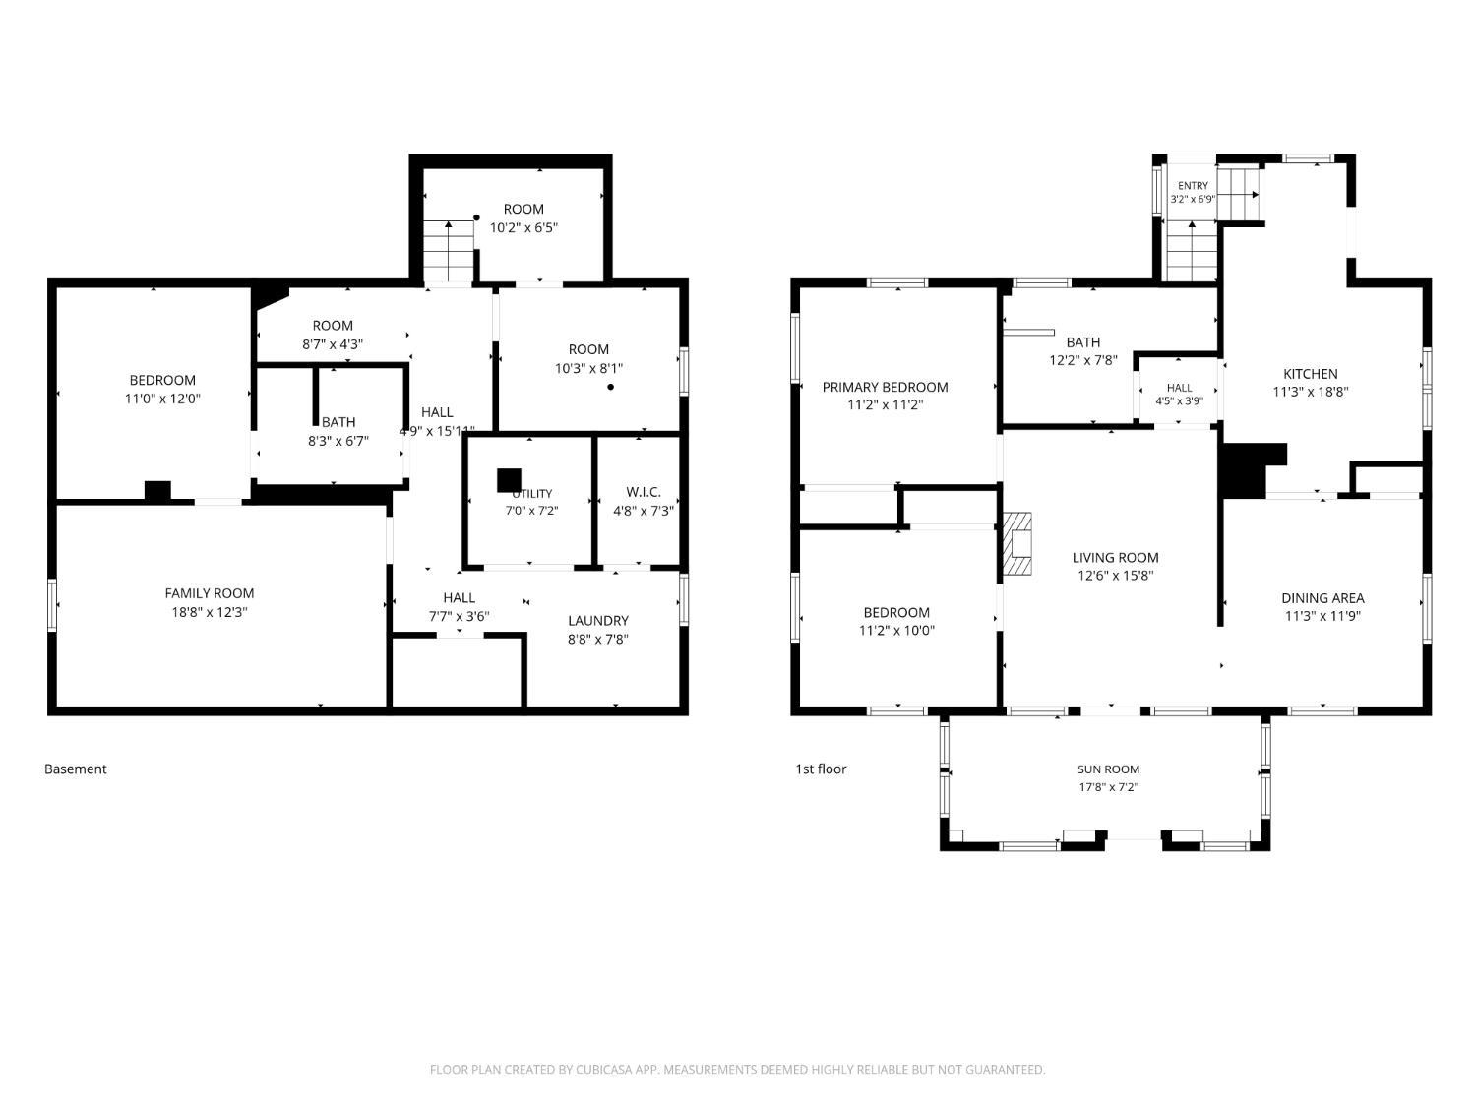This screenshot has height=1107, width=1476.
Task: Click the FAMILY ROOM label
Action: [x=210, y=593]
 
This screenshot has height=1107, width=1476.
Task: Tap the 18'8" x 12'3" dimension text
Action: [x=210, y=612]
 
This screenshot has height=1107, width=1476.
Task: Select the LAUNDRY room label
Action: [x=598, y=620]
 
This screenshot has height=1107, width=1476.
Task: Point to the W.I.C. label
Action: [x=643, y=492]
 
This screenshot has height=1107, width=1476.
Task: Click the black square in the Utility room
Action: [x=509, y=480]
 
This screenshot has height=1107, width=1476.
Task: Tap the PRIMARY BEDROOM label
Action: [x=885, y=387]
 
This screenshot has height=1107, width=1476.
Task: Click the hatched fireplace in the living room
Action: [x=1017, y=543]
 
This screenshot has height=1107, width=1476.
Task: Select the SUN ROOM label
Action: [x=1108, y=769]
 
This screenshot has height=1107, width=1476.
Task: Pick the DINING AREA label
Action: [x=1322, y=598]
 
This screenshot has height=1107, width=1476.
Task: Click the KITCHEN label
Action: [x=1310, y=374]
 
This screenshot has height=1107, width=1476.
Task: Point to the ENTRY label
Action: [x=1193, y=186]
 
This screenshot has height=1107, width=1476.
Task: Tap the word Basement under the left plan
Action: [x=76, y=769]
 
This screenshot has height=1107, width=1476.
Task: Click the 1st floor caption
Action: [x=821, y=769]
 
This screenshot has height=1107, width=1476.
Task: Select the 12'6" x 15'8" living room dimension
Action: [x=1115, y=576]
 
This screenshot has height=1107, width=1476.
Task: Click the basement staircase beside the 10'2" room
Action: [x=449, y=251]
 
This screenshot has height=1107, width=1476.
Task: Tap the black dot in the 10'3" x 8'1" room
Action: [x=611, y=387]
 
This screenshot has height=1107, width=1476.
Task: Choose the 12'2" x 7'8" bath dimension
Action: [x=1082, y=360]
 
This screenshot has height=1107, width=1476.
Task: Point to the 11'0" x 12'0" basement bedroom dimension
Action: [x=162, y=399]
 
